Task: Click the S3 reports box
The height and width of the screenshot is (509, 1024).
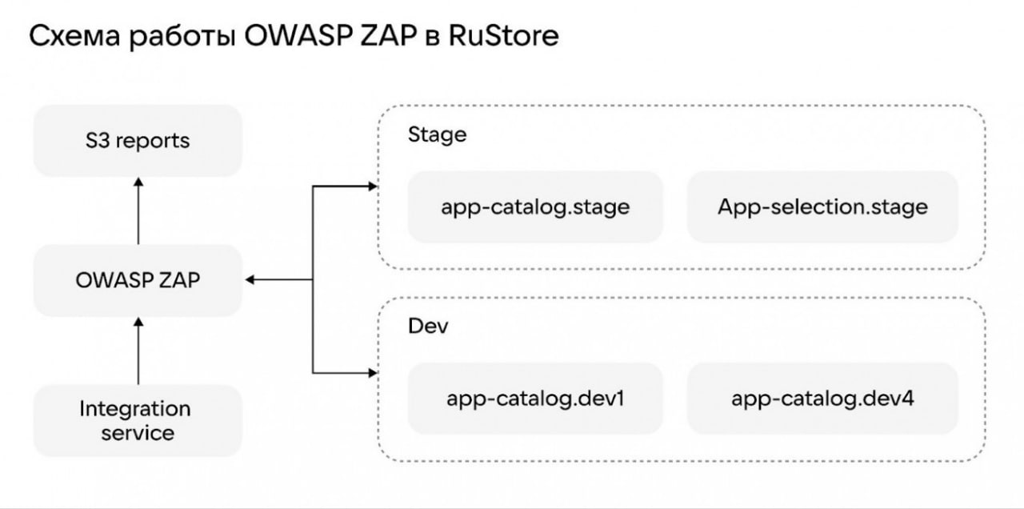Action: pos(138,140)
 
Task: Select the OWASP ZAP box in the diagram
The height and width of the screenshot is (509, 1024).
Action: pos(138,280)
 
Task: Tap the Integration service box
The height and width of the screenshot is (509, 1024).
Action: pos(138,420)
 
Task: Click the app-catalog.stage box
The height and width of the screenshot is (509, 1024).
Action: pos(535,206)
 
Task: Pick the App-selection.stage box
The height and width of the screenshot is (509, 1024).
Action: pos(822,206)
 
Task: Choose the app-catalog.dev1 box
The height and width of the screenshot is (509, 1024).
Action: pos(535,399)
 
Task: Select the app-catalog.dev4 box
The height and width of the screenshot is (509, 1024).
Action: pos(822,399)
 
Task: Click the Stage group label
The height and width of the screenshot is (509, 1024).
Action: pos(437,135)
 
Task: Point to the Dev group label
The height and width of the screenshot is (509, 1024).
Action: pos(428,326)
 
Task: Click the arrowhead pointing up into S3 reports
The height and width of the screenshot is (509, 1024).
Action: pos(138,182)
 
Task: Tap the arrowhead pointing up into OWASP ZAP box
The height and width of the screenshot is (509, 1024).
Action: pos(138,322)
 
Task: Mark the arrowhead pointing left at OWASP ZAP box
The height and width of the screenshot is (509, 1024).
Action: pos(250,279)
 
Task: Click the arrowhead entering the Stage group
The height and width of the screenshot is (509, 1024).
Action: pos(373,186)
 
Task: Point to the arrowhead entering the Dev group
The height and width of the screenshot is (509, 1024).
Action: pos(373,373)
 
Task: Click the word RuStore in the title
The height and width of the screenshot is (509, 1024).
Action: pos(503,36)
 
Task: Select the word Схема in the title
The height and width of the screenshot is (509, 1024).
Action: pos(74,36)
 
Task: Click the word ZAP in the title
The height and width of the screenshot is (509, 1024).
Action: pos(388,36)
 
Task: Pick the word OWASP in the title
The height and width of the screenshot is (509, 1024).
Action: pos(298,36)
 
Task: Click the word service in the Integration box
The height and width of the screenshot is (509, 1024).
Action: pos(138,433)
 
